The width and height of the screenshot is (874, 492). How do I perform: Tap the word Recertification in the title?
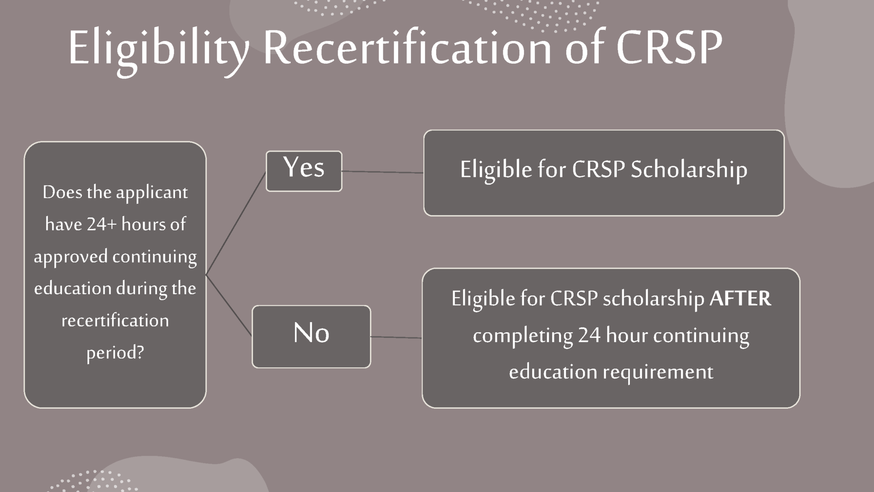(408, 48)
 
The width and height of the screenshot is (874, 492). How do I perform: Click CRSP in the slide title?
(669, 48)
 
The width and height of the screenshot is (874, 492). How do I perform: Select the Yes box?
(304, 171)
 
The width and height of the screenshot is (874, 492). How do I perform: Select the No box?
(311, 336)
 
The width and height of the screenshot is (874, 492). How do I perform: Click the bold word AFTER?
(740, 298)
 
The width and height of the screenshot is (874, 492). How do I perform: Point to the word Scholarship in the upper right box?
(689, 170)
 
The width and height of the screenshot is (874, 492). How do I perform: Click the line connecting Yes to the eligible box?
(382, 172)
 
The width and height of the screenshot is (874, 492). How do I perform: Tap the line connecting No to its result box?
(396, 337)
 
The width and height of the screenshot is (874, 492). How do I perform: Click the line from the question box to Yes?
(236, 223)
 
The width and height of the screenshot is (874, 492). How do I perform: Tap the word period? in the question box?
(115, 353)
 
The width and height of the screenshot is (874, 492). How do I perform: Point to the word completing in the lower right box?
(522, 336)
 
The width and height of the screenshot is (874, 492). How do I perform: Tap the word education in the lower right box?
(553, 372)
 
